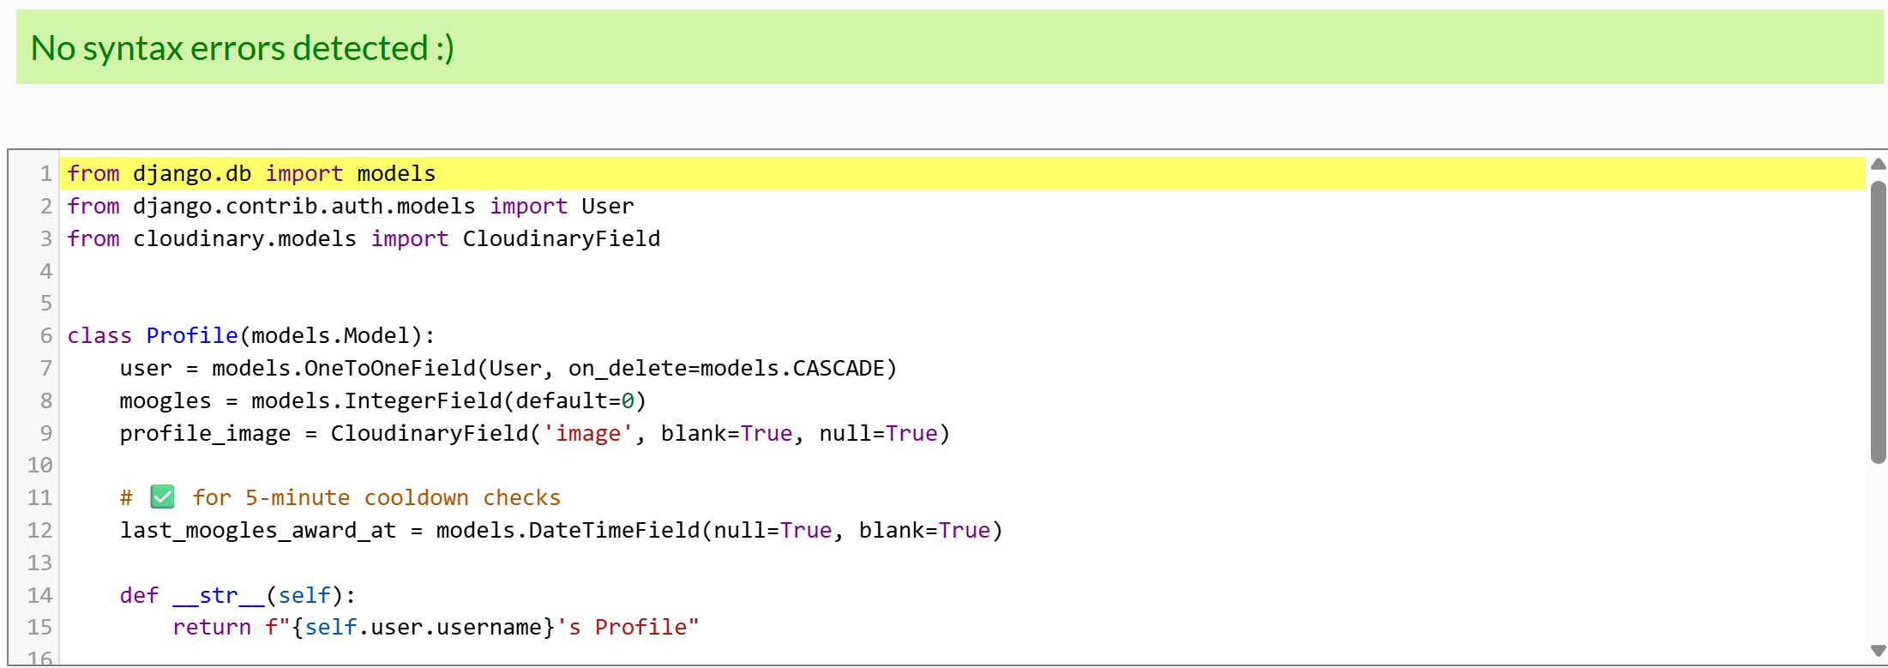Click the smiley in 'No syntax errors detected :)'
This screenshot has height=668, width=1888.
click(x=445, y=49)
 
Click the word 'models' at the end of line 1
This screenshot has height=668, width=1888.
click(x=396, y=174)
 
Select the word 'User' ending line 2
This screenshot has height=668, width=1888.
click(x=607, y=207)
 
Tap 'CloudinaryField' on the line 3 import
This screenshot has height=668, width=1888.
click(x=561, y=239)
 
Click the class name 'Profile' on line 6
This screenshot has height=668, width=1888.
click(x=191, y=336)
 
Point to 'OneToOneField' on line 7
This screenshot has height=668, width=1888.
click(x=389, y=369)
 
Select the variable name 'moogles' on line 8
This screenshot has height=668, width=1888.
click(x=165, y=401)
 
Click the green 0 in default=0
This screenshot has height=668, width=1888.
click(x=628, y=401)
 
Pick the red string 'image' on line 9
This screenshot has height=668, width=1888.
click(x=587, y=434)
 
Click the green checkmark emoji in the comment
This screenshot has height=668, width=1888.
click(x=162, y=497)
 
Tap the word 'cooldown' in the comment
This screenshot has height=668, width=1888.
click(x=416, y=498)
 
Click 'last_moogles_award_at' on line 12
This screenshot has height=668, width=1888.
click(x=258, y=531)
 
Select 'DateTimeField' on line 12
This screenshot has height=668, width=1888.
click(x=614, y=531)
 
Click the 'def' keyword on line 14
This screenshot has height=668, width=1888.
click(x=139, y=596)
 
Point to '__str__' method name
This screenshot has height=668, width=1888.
click(x=219, y=596)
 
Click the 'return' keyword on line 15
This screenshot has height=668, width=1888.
click(x=212, y=628)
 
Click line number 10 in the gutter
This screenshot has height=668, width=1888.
click(x=39, y=466)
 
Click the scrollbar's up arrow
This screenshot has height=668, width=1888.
click(x=1878, y=164)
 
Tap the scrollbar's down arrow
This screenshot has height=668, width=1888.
click(x=1878, y=651)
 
